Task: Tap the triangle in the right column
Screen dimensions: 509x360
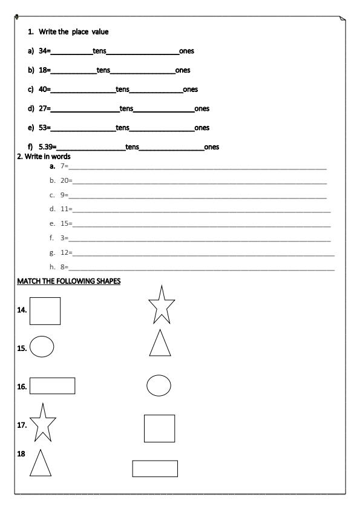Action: pyautogui.click(x=160, y=344)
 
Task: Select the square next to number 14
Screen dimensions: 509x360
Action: pyautogui.click(x=45, y=311)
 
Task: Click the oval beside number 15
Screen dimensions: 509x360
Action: pyautogui.click(x=42, y=347)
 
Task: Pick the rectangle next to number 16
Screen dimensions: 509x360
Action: pyautogui.click(x=52, y=386)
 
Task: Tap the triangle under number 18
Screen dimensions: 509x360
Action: pyautogui.click(x=40, y=465)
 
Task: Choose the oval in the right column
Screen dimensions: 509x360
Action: pyautogui.click(x=159, y=385)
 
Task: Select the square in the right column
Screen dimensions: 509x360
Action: pyautogui.click(x=159, y=429)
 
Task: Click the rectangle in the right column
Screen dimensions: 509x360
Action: pyautogui.click(x=155, y=468)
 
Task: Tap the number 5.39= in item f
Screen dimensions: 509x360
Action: pyautogui.click(x=47, y=146)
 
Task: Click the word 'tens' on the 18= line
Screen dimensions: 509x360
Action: pyautogui.click(x=103, y=70)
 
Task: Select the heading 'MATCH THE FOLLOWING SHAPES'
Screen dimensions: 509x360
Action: pyautogui.click(x=69, y=281)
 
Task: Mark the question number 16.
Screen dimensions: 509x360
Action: pyautogui.click(x=22, y=386)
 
